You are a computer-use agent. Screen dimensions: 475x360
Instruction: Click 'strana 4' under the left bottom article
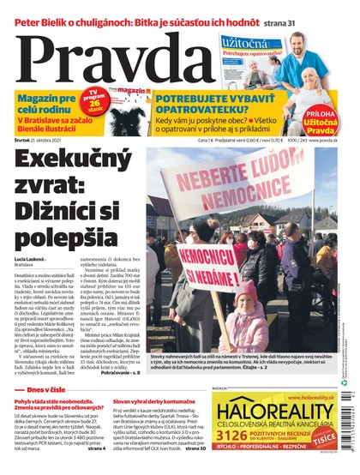(95, 448)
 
